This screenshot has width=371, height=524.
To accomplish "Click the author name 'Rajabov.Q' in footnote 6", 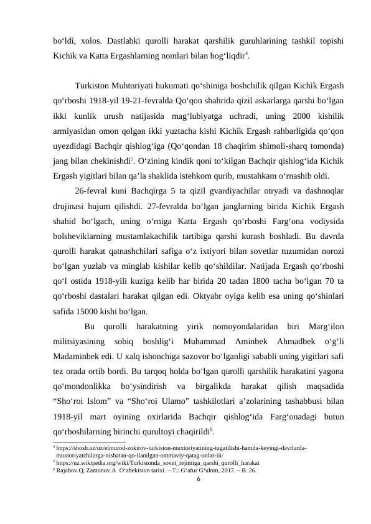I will pyautogui.click(x=72, y=470).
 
